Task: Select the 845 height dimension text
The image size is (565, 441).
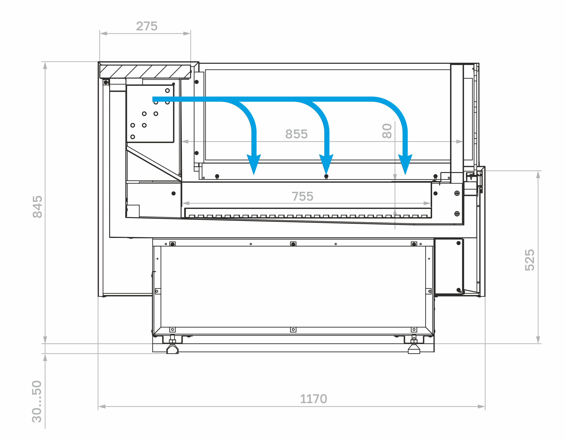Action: (38, 207)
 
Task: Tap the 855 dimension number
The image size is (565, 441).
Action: (296, 134)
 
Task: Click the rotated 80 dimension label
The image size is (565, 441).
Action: (387, 131)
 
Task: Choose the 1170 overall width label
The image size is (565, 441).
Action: (314, 399)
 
